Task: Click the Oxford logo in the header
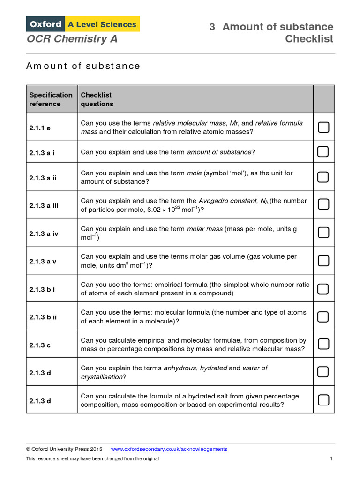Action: [x=46, y=24]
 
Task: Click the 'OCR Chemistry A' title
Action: [x=72, y=39]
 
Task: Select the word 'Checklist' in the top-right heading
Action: [x=309, y=39]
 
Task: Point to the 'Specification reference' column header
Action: [x=51, y=99]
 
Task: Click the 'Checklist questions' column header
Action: [x=97, y=99]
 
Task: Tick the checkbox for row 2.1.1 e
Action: [x=323, y=127]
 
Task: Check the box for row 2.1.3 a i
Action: [x=323, y=151]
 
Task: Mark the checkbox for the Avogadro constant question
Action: [x=323, y=204]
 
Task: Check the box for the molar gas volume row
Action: [x=323, y=260]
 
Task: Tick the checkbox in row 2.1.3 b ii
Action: [x=323, y=316]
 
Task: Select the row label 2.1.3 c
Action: [x=40, y=345]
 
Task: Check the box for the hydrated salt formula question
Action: [x=323, y=400]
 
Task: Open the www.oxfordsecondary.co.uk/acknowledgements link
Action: [x=169, y=449]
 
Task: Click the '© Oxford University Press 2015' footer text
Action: [x=64, y=449]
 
